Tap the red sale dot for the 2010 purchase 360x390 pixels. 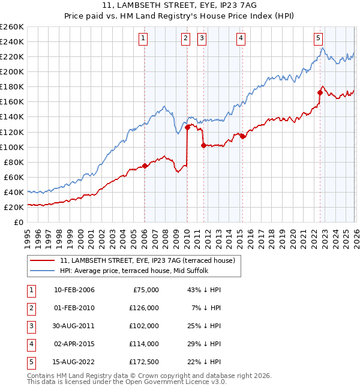click(x=187, y=127)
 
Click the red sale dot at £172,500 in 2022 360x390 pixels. click(x=320, y=92)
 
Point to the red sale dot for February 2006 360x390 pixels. click(x=145, y=166)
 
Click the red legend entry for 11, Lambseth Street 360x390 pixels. click(x=151, y=260)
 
